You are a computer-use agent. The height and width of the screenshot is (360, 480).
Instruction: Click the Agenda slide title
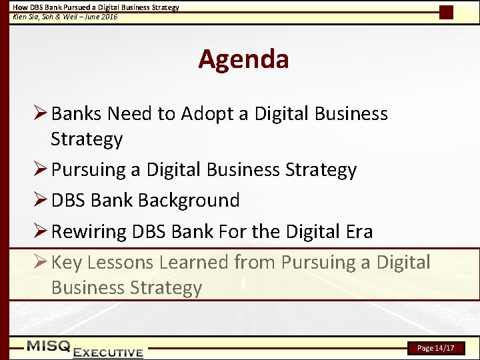[243, 59]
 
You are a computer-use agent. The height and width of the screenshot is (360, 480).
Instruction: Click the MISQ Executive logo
[85, 349]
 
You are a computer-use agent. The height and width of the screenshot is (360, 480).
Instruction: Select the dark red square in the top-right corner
[447, 12]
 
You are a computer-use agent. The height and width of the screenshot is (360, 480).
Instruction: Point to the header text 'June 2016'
[101, 16]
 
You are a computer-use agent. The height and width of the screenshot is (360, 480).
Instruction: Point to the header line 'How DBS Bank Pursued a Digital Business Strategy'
[96, 7]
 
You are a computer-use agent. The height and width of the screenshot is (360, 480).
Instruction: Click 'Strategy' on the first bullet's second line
[87, 139]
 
